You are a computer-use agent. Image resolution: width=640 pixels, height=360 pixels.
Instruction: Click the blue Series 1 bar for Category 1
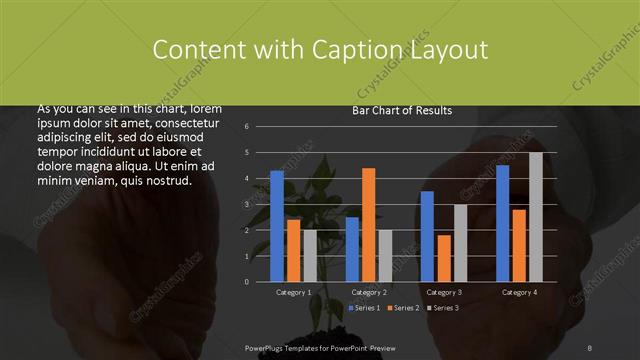pyautogui.click(x=277, y=226)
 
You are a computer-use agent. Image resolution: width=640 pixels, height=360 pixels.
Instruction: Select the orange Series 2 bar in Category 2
pyautogui.click(x=368, y=225)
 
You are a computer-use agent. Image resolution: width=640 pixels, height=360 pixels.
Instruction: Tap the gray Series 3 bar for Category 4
pyautogui.click(x=535, y=217)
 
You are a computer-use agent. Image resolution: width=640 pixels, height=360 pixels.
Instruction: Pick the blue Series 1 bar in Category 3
pyautogui.click(x=427, y=236)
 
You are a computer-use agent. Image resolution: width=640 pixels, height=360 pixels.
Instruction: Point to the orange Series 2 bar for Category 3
pyautogui.click(x=443, y=258)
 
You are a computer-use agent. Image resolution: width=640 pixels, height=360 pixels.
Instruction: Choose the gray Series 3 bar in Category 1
pyautogui.click(x=309, y=256)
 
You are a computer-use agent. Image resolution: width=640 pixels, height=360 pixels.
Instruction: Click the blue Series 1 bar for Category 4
pyautogui.click(x=502, y=223)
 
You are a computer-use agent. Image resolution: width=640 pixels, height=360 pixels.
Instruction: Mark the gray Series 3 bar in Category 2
pyautogui.click(x=385, y=256)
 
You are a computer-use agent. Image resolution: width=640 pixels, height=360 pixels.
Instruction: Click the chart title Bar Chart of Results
pyautogui.click(x=402, y=110)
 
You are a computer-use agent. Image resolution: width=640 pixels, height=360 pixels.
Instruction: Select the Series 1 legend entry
pyautogui.click(x=364, y=307)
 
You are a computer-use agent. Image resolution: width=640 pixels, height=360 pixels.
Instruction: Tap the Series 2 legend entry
pyautogui.click(x=404, y=307)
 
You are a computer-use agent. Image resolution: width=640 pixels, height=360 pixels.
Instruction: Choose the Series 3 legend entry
pyautogui.click(x=443, y=307)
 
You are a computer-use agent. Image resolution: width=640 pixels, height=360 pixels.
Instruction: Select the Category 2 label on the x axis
pyautogui.click(x=369, y=292)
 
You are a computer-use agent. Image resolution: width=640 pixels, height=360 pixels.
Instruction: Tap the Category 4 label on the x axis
pyautogui.click(x=519, y=292)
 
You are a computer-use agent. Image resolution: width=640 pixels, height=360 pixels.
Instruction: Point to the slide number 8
pyautogui.click(x=590, y=346)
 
